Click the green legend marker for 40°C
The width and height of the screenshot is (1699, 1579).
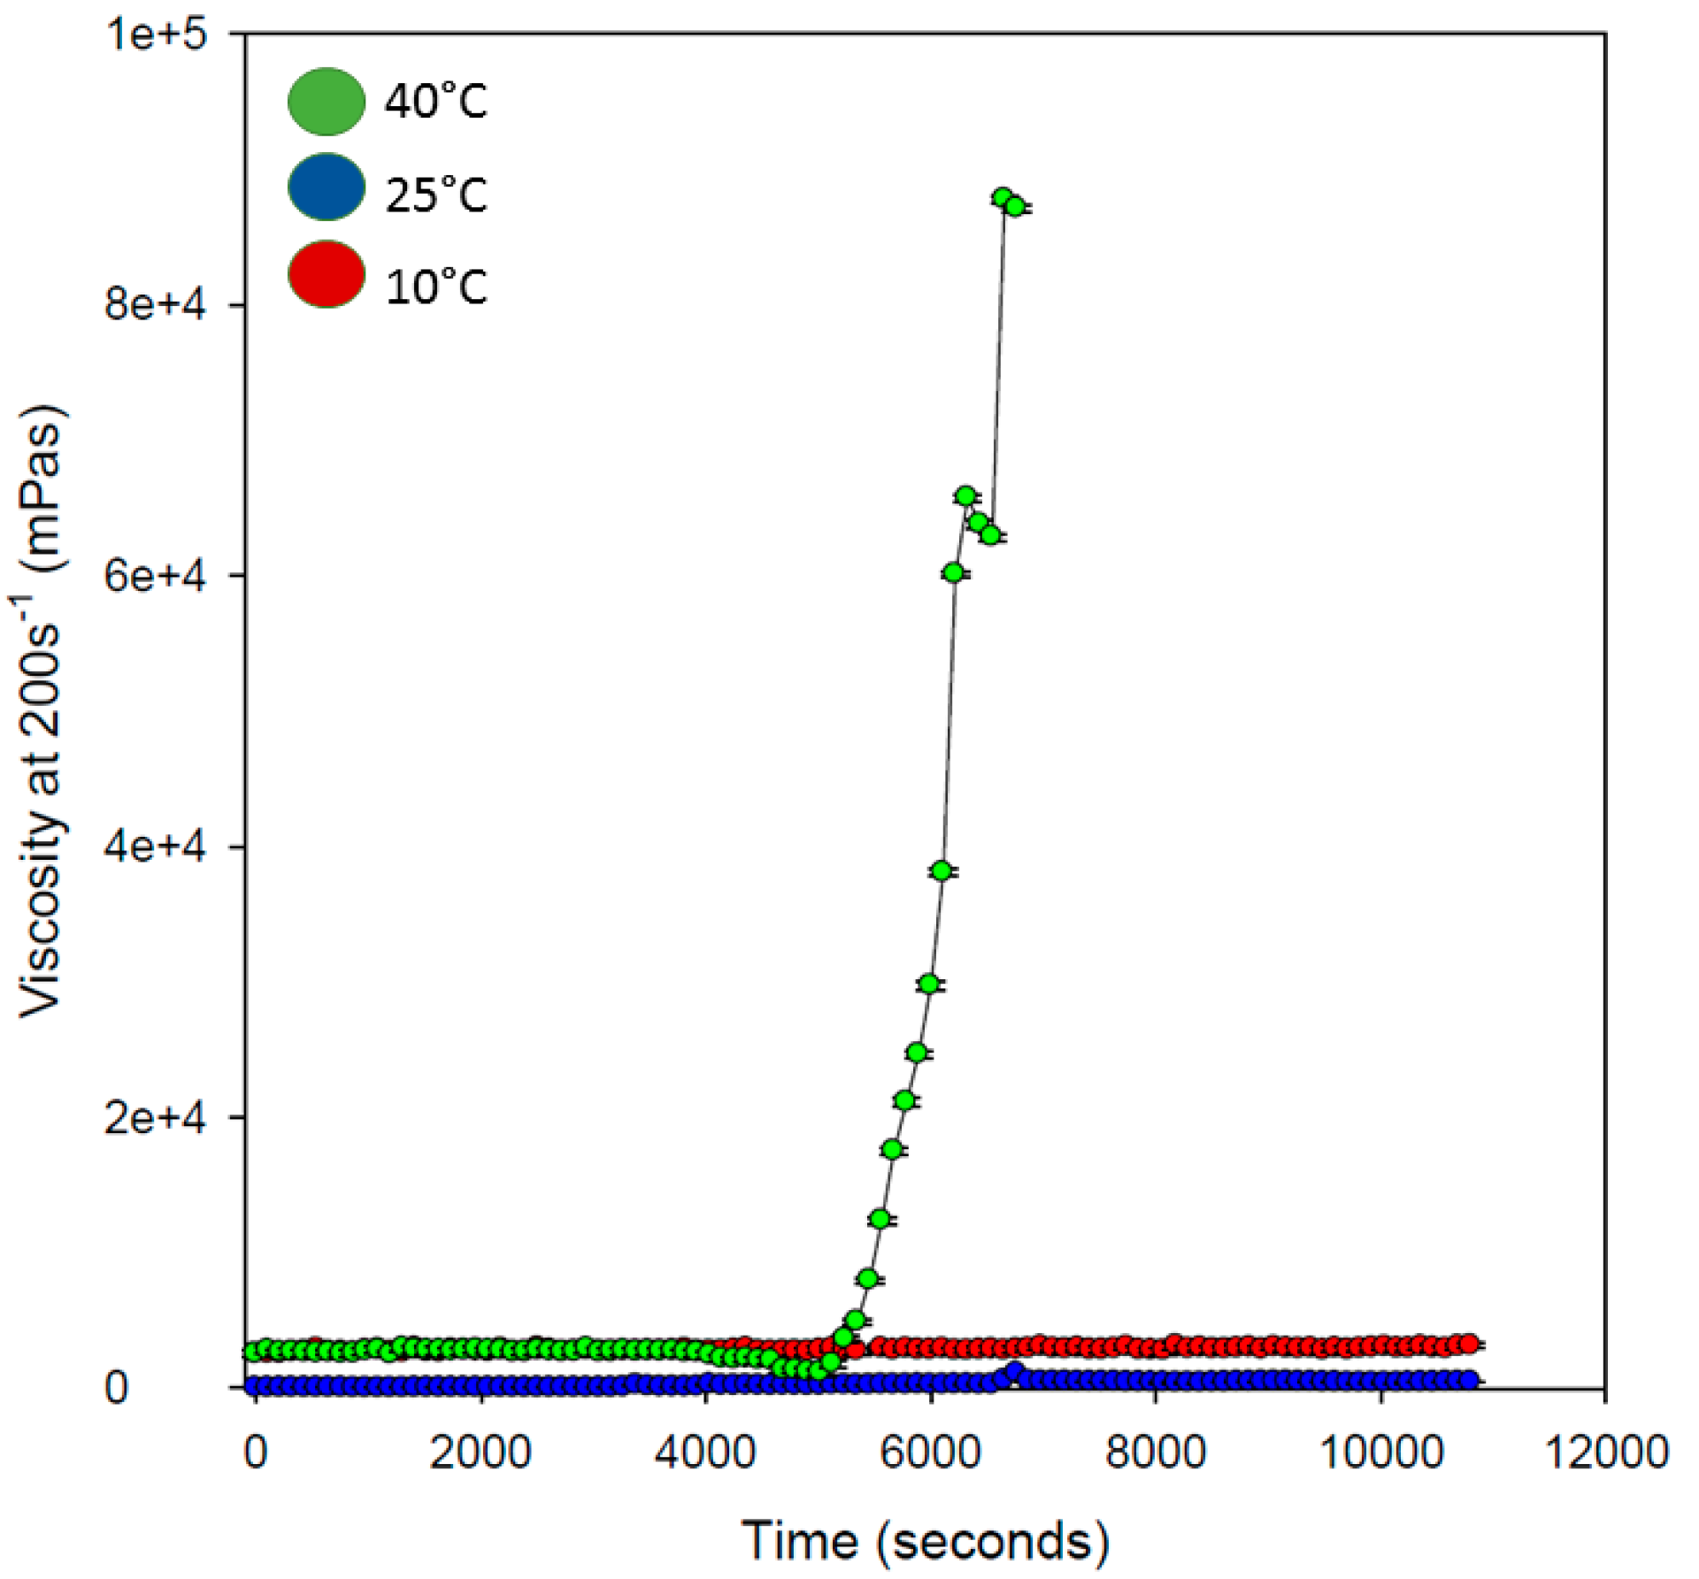(327, 101)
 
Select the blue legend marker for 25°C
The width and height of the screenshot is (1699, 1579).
(327, 188)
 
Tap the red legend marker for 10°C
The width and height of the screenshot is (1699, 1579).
(327, 274)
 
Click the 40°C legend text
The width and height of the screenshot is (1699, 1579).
(435, 101)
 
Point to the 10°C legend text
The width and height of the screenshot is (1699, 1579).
(435, 286)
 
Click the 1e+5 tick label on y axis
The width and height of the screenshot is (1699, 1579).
(156, 35)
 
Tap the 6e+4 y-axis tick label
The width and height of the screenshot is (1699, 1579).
(156, 576)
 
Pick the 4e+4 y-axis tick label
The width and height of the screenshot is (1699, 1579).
(156, 847)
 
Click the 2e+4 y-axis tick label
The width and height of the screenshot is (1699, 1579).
(156, 1118)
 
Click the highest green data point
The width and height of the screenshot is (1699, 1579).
(1003, 197)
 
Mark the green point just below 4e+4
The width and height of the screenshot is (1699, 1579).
(942, 871)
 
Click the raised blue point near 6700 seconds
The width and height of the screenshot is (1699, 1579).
(1014, 1372)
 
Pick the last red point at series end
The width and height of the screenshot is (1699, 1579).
(1469, 1344)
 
